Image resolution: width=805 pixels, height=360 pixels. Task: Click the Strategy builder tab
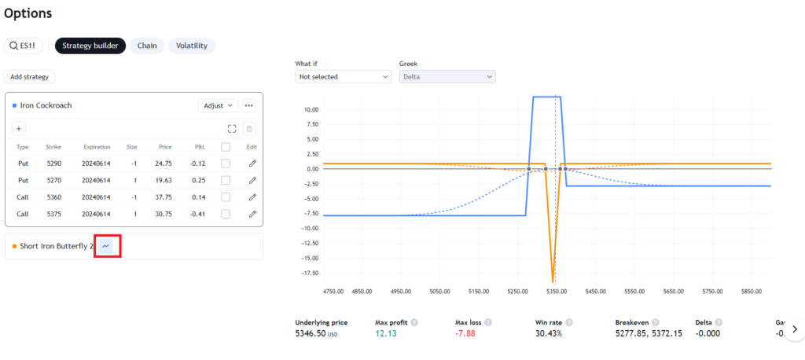click(90, 46)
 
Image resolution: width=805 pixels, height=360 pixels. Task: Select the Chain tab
click(147, 46)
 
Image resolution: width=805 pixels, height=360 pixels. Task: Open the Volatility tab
click(192, 46)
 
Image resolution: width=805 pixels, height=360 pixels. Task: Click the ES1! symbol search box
click(24, 46)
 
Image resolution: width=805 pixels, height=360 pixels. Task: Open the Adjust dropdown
click(218, 105)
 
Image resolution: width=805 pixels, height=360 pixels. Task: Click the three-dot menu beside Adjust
click(249, 105)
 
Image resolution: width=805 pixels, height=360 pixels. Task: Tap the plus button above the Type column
click(19, 128)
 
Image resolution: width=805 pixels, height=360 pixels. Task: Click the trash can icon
click(249, 128)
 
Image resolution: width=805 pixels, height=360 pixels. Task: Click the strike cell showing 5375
click(53, 214)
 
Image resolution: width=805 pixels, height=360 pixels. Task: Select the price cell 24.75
click(165, 163)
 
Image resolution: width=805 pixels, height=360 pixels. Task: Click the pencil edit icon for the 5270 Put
click(252, 180)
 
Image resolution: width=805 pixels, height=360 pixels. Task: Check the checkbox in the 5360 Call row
click(226, 197)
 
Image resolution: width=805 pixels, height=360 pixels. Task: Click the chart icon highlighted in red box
click(106, 246)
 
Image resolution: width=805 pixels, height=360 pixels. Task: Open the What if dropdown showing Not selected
click(343, 76)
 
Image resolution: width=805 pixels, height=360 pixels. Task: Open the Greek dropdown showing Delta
click(447, 76)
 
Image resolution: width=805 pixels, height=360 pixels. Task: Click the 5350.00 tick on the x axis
click(557, 291)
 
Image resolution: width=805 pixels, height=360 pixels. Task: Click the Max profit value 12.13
click(385, 333)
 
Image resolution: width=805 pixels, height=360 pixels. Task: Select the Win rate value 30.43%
click(548, 333)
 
